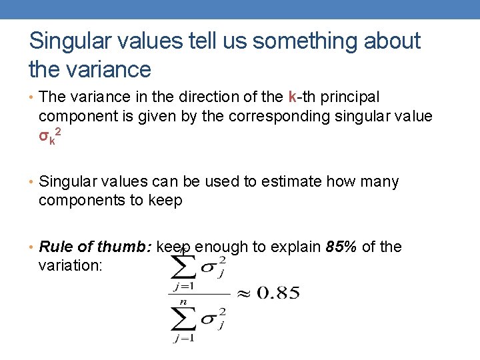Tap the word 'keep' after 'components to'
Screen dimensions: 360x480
click(164, 200)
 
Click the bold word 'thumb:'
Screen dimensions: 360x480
click(125, 247)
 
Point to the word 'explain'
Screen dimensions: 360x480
click(295, 247)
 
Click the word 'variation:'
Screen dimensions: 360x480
click(71, 265)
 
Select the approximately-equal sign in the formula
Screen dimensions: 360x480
click(243, 293)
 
